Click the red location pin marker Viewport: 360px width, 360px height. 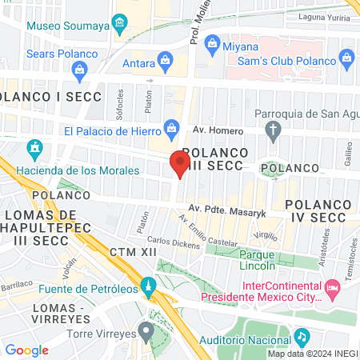(x=178, y=165)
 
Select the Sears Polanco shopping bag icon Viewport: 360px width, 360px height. (x=80, y=70)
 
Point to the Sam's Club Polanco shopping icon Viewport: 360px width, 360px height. (x=346, y=58)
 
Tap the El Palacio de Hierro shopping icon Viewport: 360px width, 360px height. (x=170, y=127)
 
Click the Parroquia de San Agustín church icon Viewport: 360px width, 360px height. (x=274, y=130)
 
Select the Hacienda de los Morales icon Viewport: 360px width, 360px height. (x=34, y=149)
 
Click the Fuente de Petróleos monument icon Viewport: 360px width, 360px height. (x=148, y=286)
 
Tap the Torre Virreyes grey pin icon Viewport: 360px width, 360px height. (x=145, y=329)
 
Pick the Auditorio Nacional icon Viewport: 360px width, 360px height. (x=301, y=338)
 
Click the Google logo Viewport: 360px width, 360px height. (x=26, y=350)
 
